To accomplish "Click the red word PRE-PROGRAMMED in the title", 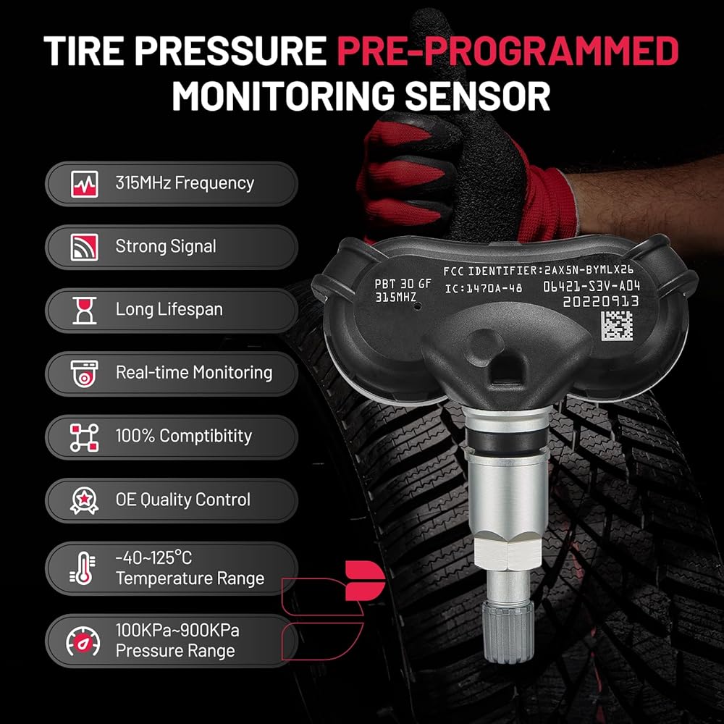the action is click(x=508, y=51).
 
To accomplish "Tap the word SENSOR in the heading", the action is click(x=477, y=96).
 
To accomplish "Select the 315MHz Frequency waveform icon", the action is click(x=85, y=184).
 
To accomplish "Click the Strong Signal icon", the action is click(x=85, y=247).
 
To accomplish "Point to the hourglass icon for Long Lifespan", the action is click(x=85, y=311).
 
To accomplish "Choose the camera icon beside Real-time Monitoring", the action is click(x=85, y=374).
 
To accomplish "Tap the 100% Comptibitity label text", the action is click(x=184, y=436).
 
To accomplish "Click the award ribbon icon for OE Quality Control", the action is click(x=85, y=500).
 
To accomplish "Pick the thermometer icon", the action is click(x=83, y=568).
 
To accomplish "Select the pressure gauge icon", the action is click(x=83, y=641).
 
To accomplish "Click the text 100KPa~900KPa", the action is click(x=177, y=631).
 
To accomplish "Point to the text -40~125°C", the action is click(x=153, y=557).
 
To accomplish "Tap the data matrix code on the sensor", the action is click(x=616, y=326).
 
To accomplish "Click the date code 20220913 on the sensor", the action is click(x=601, y=301).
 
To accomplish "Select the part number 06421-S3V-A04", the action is click(x=592, y=286).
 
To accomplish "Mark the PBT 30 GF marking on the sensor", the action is click(x=403, y=284).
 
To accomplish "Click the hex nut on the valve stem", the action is click(x=508, y=552).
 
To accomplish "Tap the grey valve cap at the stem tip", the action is click(x=508, y=631).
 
